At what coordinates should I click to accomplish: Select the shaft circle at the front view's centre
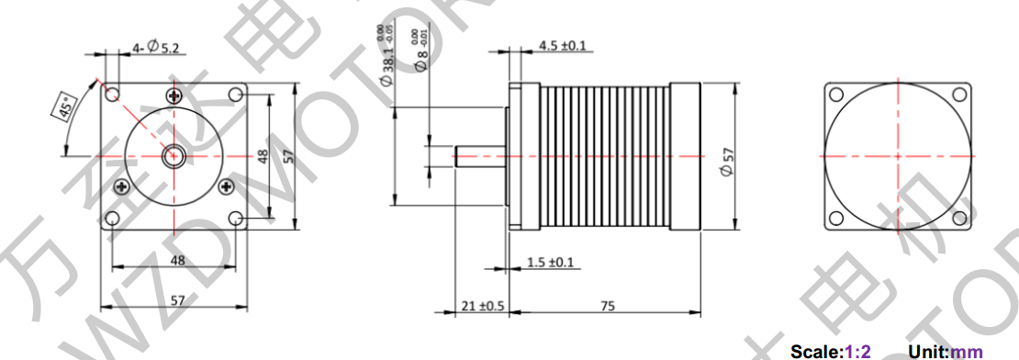click(x=173, y=156)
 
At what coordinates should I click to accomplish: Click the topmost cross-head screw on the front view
click(x=175, y=96)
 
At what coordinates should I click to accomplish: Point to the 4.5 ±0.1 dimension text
click(x=563, y=45)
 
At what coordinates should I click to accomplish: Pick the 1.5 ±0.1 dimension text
click(x=551, y=263)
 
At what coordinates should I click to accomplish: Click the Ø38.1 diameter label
click(x=388, y=62)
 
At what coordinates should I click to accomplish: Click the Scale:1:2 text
click(x=826, y=351)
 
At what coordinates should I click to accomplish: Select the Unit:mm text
click(x=945, y=351)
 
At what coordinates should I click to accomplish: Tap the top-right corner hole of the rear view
click(x=958, y=94)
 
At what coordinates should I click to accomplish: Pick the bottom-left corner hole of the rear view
click(x=835, y=218)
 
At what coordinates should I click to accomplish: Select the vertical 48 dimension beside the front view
click(x=263, y=157)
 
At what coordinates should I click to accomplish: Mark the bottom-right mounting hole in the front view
click(x=235, y=219)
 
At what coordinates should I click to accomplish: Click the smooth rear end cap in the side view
click(x=686, y=155)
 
